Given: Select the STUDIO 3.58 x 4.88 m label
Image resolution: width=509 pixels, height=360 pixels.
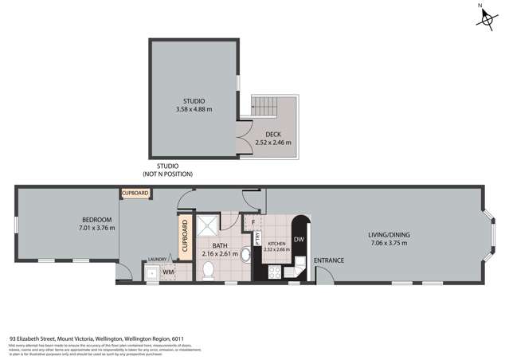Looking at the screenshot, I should [194, 105].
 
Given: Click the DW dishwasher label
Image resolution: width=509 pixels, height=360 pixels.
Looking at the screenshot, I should [299, 240].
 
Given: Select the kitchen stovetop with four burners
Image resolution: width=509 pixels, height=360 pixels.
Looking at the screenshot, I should [275, 271].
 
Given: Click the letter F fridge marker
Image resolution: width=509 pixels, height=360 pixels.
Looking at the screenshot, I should [253, 223].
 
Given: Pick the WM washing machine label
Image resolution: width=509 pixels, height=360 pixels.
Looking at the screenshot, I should [168, 272].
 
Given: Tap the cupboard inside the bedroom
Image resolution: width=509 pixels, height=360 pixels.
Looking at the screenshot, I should [135, 194].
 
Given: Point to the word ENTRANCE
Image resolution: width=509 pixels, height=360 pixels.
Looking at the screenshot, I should [328, 261].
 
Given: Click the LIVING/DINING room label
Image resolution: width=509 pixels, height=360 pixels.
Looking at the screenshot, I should [387, 235].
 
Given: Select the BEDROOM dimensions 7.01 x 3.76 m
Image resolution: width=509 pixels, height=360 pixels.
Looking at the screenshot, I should [96, 229].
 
